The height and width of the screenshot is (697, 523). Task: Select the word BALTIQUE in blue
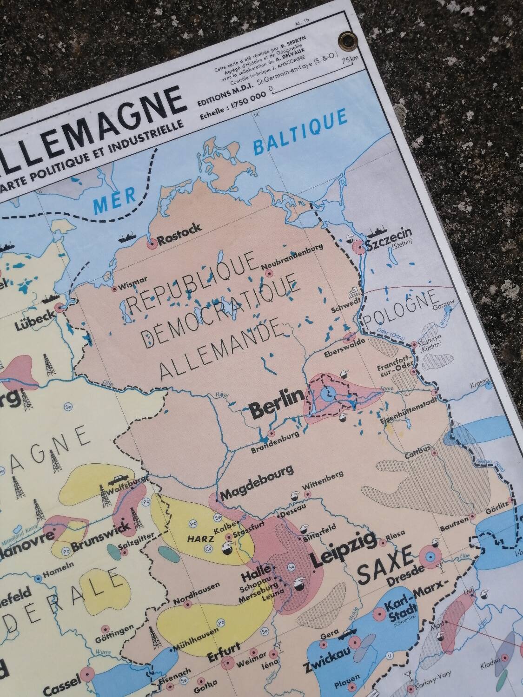[300, 134]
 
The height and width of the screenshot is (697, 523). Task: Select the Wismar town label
[133, 280]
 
